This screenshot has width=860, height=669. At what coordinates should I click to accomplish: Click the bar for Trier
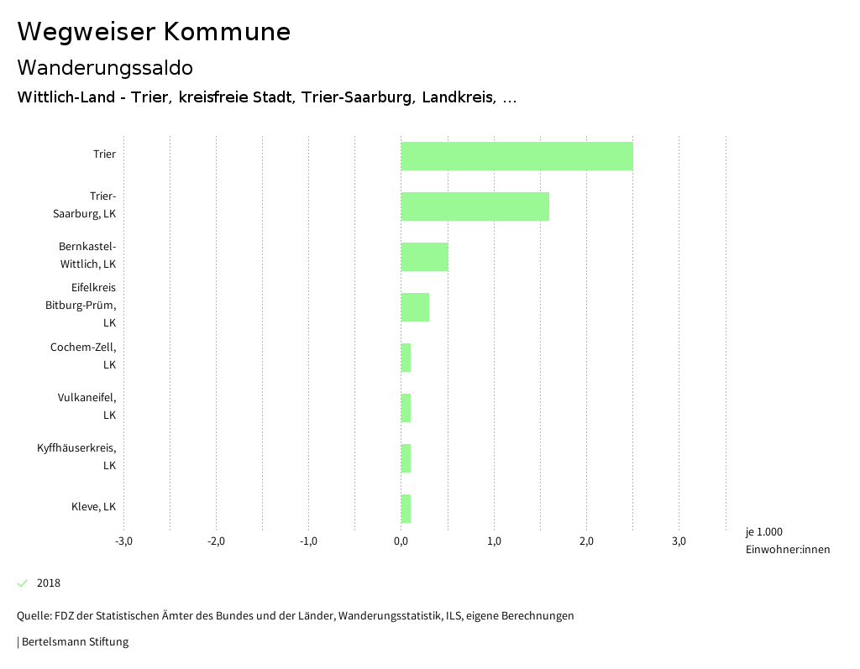coord(517,156)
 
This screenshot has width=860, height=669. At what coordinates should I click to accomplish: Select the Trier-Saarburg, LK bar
coord(475,206)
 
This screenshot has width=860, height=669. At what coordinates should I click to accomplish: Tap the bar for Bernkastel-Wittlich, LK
coord(424,257)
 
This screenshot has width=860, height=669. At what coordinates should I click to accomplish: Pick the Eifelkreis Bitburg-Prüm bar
coord(415,307)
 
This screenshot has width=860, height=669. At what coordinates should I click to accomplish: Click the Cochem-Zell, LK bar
coord(406,358)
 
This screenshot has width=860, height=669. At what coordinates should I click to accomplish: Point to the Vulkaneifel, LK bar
coord(406,408)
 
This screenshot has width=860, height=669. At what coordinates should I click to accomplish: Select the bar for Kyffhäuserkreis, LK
coord(406,458)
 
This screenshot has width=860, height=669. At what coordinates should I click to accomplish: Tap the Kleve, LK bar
coord(406,509)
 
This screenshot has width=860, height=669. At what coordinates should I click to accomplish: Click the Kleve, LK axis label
coord(93,507)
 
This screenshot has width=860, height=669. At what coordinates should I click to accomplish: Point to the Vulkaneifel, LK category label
coord(87,406)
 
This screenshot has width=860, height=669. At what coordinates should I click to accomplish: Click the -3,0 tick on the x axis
coord(123,541)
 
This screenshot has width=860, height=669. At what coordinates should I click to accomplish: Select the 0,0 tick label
coord(401,541)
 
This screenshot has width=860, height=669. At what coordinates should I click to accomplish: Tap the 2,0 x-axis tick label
coord(586,541)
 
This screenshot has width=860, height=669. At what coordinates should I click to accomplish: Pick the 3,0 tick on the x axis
coord(679,541)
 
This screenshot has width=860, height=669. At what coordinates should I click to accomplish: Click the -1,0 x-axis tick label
coord(308,541)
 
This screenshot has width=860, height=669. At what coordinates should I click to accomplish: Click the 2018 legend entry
coord(49,583)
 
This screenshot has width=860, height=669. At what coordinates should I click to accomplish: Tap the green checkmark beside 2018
coord(23,583)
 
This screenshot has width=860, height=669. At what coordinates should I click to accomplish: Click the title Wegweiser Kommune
coord(154,32)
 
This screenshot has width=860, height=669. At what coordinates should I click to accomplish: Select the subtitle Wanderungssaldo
coord(105,67)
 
